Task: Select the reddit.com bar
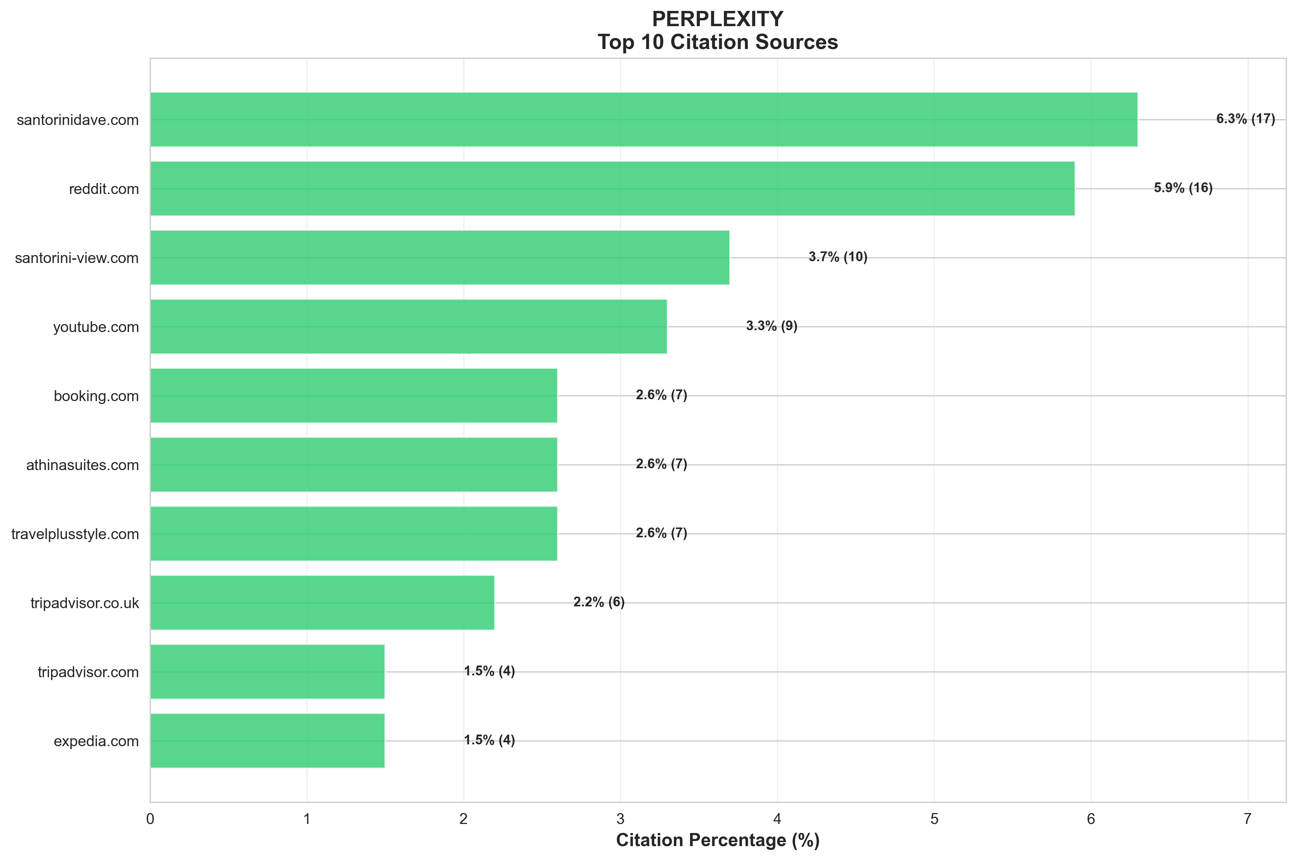(612, 188)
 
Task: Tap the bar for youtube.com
(408, 326)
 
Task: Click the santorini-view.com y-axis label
(77, 258)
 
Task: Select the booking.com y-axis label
(96, 396)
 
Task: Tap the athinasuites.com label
(82, 465)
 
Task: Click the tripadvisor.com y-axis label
(88, 672)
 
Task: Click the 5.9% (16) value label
(1183, 188)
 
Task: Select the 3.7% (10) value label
(837, 257)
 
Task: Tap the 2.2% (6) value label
(599, 602)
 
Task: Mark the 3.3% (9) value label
(771, 326)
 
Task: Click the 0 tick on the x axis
(150, 819)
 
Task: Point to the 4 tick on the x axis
(777, 819)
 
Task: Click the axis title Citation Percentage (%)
(718, 840)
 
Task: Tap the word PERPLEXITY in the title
(718, 19)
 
